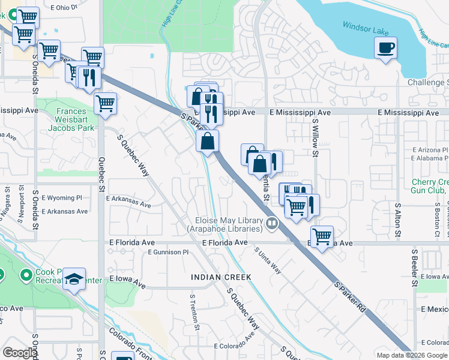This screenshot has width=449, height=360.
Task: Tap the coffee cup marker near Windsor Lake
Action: coord(385,47)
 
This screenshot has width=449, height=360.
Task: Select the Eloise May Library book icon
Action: coord(272,224)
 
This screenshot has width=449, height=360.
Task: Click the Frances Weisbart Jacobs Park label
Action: coord(76,119)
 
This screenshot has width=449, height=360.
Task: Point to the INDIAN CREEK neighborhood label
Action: coord(220,277)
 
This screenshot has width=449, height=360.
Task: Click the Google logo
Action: coord(19,353)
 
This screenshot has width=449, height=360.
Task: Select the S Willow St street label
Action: coord(315,137)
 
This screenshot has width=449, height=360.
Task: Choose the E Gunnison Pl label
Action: coord(169,253)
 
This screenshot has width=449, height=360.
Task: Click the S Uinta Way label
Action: coord(268,262)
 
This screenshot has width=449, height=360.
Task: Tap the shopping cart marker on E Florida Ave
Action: coord(322,236)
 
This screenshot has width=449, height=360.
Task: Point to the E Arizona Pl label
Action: coord(429,150)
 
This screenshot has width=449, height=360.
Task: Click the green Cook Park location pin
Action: coord(26,276)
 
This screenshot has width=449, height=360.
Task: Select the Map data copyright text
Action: coord(412,355)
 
